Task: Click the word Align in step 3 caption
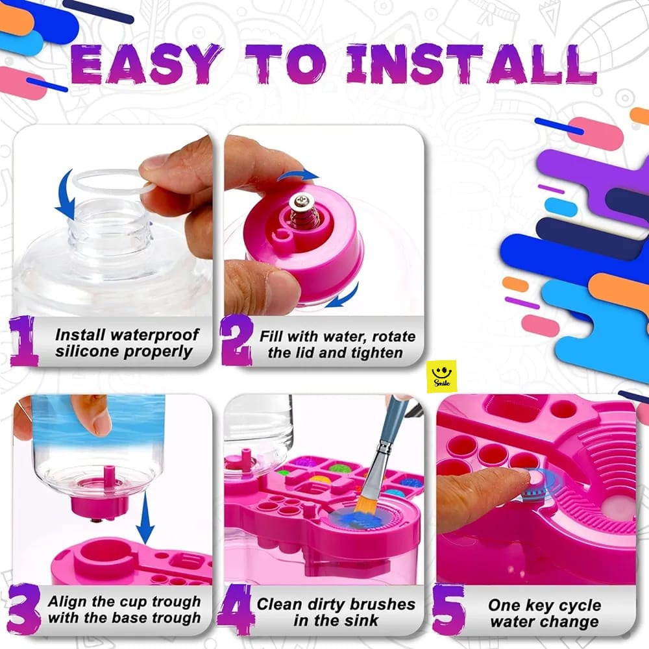[x=67, y=601]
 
